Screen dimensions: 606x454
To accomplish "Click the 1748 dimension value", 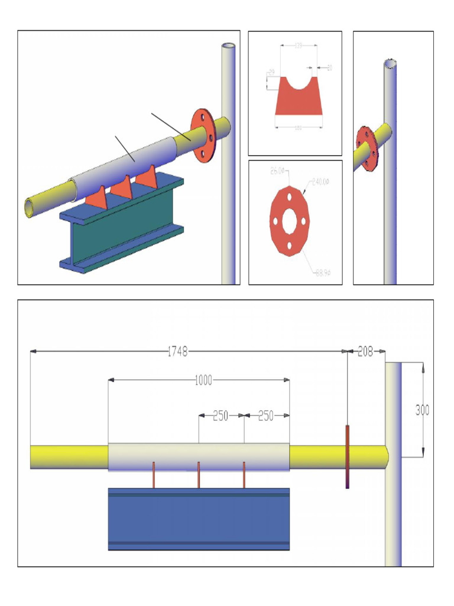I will pyautogui.click(x=177, y=352).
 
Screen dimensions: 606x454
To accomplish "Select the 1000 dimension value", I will pyautogui.click(x=203, y=380).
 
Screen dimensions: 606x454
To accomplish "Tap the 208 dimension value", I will pyautogui.click(x=366, y=352).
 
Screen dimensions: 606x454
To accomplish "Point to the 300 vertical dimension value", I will pyautogui.click(x=422, y=410).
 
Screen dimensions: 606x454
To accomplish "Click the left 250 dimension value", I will pyautogui.click(x=220, y=416).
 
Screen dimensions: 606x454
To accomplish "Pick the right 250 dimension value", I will pyautogui.click(x=266, y=416).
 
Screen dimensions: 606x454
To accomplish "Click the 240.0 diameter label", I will pyautogui.click(x=320, y=182).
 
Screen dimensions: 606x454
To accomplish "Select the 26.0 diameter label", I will pyautogui.click(x=277, y=172).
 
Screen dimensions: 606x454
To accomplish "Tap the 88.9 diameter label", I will pyautogui.click(x=322, y=273).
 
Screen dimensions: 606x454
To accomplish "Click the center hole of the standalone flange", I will pyautogui.click(x=290, y=221).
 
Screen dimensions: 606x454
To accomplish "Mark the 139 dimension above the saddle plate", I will pyautogui.click(x=299, y=46).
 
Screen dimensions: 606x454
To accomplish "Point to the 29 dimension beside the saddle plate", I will pyautogui.click(x=271, y=72).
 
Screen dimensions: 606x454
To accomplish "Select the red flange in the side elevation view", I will pyautogui.click(x=348, y=456).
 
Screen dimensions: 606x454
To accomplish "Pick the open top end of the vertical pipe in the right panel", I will pyautogui.click(x=390, y=63).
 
